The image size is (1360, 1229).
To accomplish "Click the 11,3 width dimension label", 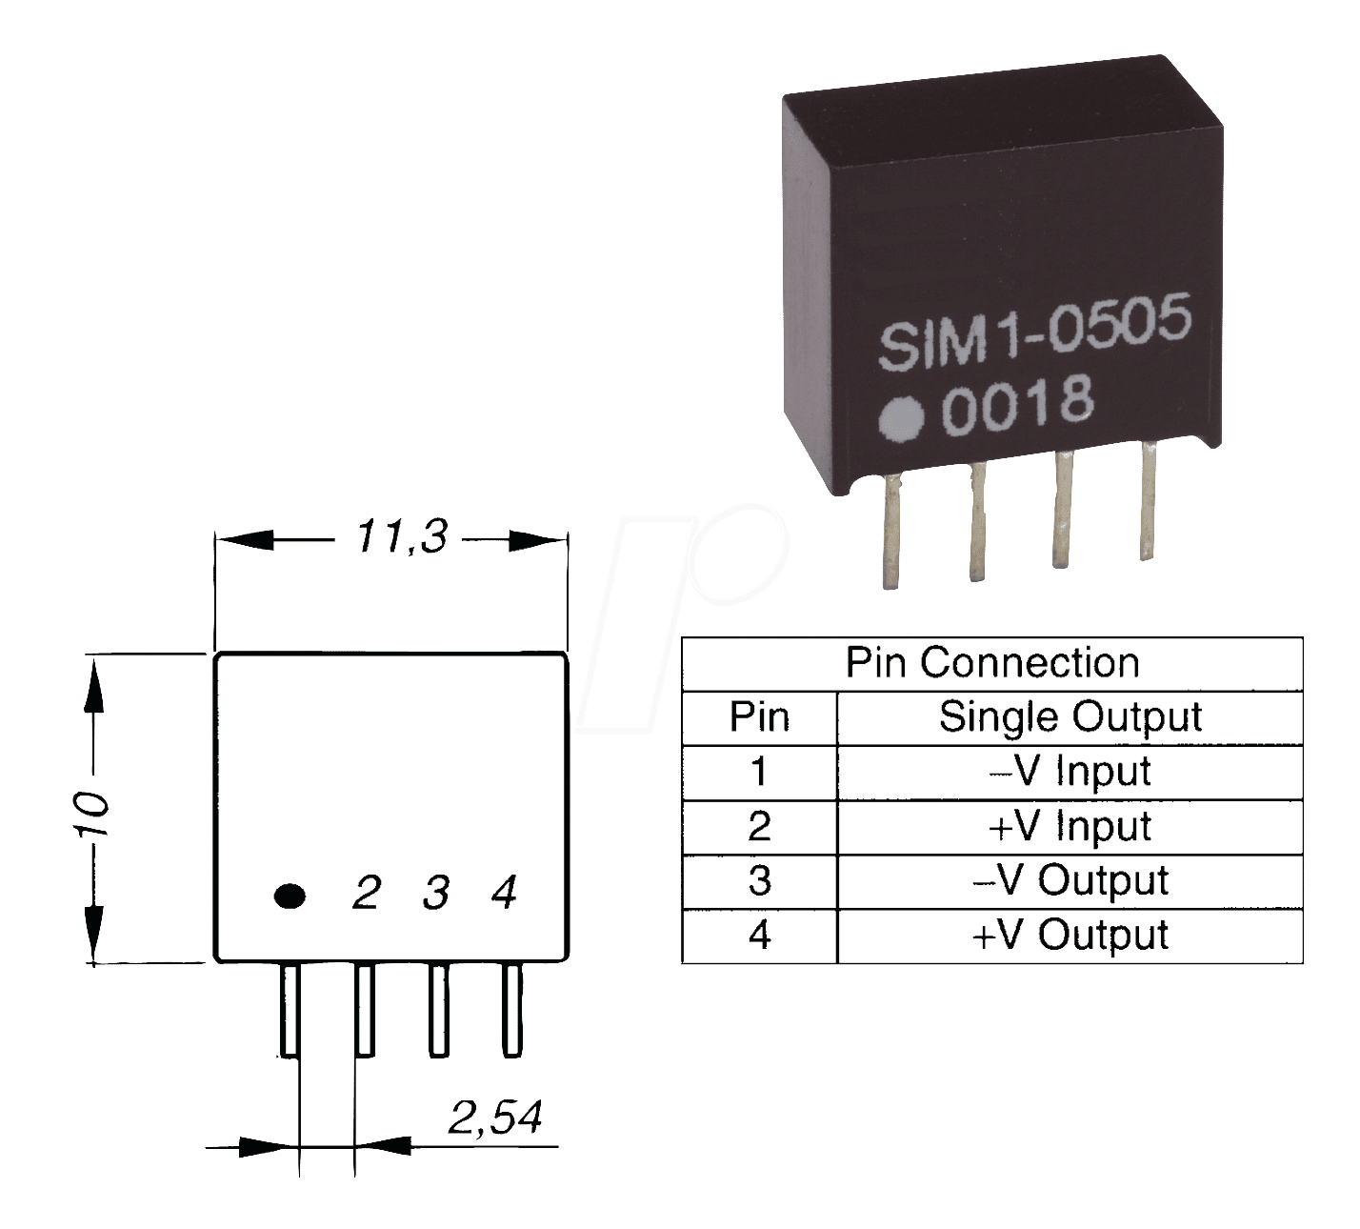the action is pos(401,537).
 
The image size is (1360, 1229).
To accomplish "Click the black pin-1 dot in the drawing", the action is pos(290,896).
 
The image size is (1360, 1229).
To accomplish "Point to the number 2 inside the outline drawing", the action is pos(367,893).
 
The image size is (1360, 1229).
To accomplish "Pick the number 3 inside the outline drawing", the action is pos(436,893).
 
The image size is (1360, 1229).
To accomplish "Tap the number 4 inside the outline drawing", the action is pos(505,892).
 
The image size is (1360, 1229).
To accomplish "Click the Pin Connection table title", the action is pos(992,663).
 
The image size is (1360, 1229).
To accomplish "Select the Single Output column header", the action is pos(1070,717).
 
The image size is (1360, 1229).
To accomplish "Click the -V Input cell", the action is pos(1070,772).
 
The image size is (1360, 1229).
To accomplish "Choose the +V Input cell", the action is pos(1070,827).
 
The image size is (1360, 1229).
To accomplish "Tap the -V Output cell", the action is pos(1070,881).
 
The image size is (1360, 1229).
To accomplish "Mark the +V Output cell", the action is pos(1070,936).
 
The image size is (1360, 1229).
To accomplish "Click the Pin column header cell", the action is pos(759,717).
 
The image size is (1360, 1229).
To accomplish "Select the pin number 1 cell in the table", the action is pos(759,772).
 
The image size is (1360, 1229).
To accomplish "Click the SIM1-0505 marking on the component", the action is pos(1034,332).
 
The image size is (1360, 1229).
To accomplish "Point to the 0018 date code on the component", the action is pos(1017,406).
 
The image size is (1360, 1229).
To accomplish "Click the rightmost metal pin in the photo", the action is pos(1147,500).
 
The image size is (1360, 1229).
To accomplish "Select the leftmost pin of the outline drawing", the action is pos(290,1010).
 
